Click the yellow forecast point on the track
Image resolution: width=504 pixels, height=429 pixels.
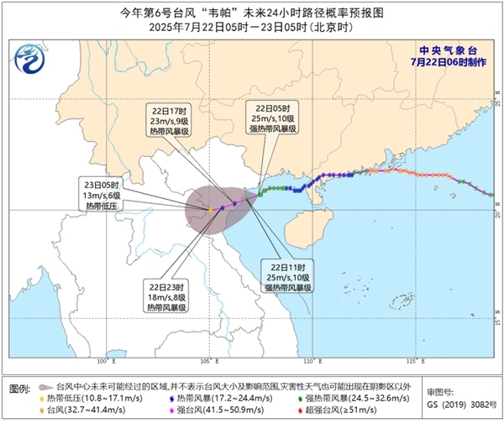pyautogui.click(x=208, y=210)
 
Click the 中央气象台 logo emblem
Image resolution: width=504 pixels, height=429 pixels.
pyautogui.click(x=29, y=60)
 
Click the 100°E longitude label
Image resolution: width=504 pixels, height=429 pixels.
pyautogui.click(x=105, y=362)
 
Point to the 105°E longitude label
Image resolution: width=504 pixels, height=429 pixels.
pyautogui.click(x=209, y=362)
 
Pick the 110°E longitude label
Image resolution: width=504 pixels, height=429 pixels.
pyautogui.click(x=312, y=362)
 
